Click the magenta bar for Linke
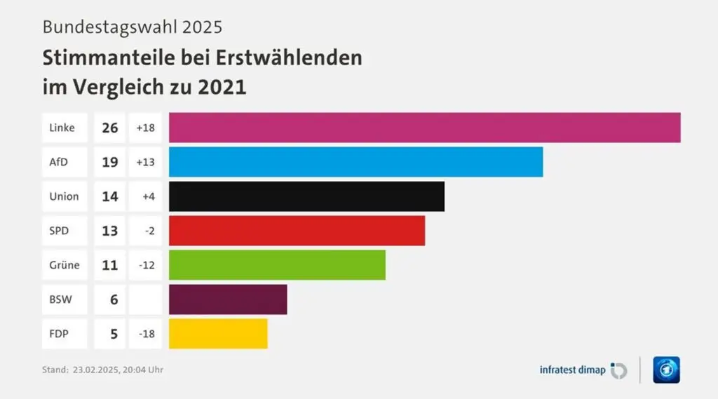click(424, 128)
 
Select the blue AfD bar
click(355, 162)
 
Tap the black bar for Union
click(306, 196)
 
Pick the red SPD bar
click(297, 231)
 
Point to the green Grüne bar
click(277, 265)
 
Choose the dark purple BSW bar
click(228, 299)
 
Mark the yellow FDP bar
click(218, 334)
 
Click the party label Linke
click(62, 128)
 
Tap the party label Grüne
click(64, 265)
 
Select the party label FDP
click(59, 334)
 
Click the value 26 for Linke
click(109, 128)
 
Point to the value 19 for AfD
click(109, 162)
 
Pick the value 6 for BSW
click(113, 299)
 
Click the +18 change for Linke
click(146, 128)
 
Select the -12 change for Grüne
click(147, 265)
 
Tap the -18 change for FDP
click(147, 334)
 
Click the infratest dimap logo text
click(572, 370)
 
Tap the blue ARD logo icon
click(666, 370)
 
